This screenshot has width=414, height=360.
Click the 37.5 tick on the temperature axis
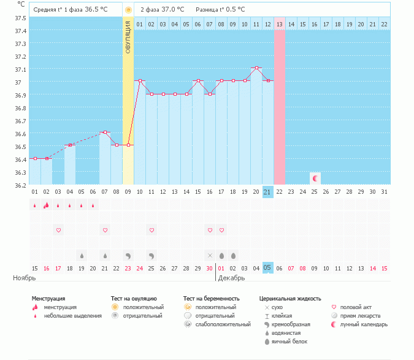coord(20,18)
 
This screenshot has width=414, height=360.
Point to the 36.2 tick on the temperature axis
coord(20,185)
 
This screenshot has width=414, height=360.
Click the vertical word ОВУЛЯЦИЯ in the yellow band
coord(128,37)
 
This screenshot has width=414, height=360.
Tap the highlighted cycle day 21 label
coord(267,192)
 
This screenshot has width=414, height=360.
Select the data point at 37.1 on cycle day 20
coord(256,67)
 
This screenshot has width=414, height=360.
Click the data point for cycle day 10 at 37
coord(140,80)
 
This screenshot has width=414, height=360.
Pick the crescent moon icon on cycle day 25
coord(315,178)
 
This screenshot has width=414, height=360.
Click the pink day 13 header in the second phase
coord(280,24)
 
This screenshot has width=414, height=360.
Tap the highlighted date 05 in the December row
coord(267,267)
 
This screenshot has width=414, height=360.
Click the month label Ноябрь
coord(25,278)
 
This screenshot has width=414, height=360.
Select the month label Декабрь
coord(231,278)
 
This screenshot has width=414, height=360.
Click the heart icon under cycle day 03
coord(59,230)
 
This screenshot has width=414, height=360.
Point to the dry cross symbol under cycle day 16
coord(210,255)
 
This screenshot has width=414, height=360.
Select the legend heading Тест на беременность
coord(211,298)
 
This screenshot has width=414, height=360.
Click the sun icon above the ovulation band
coord(128,10)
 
